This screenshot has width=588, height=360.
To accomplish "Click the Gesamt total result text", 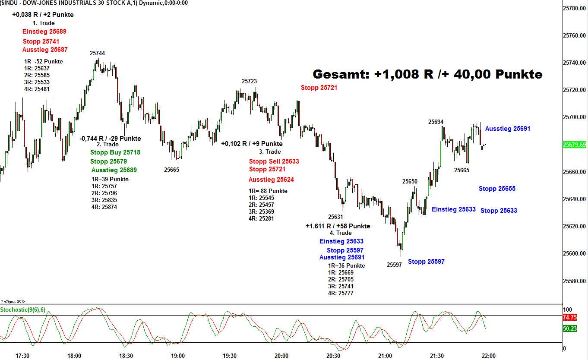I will pyautogui.click(x=427, y=74).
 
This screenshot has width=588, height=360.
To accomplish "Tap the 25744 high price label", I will pyautogui.click(x=97, y=53).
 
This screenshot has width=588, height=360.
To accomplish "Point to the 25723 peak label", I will pyautogui.click(x=249, y=81).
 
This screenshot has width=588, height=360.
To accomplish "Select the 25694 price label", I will pyautogui.click(x=436, y=122).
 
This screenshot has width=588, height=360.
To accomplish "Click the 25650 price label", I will pyautogui.click(x=410, y=181).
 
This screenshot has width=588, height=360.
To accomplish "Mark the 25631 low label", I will pyautogui.click(x=335, y=217).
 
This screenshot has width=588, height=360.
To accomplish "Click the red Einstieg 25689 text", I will pyautogui.click(x=44, y=32).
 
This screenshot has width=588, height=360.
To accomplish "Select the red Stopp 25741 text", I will pyautogui.click(x=41, y=41).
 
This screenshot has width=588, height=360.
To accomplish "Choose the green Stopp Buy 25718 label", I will pyautogui.click(x=115, y=152).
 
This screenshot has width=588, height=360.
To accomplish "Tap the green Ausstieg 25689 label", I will pyautogui.click(x=114, y=170).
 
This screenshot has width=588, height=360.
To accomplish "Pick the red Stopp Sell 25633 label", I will pyautogui.click(x=274, y=161).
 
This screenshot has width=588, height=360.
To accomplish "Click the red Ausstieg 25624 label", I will pyautogui.click(x=271, y=180).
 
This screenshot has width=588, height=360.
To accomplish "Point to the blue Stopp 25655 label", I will pyautogui.click(x=497, y=189).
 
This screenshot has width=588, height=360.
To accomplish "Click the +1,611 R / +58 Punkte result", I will pyautogui.click(x=338, y=226).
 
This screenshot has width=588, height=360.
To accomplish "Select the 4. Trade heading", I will pyautogui.click(x=341, y=233).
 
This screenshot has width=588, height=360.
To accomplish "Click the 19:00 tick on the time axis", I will pyautogui.click(x=178, y=356).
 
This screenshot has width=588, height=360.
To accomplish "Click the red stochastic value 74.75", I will pyautogui.click(x=569, y=317).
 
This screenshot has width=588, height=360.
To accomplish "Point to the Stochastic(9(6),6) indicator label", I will pyautogui.click(x=22, y=309).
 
